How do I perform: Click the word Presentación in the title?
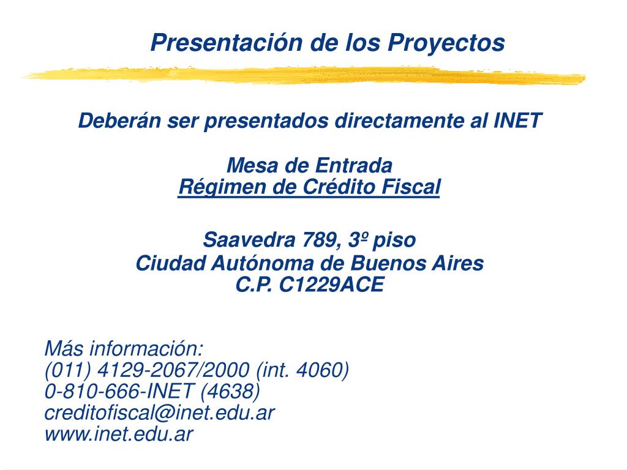pyautogui.click(x=227, y=42)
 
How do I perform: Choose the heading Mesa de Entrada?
pyautogui.click(x=309, y=165)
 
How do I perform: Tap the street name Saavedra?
pyautogui.click(x=249, y=240)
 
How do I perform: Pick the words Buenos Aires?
pyautogui.click(x=417, y=263)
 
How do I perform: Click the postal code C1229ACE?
pyautogui.click(x=331, y=285)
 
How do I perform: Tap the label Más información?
pyautogui.click(x=124, y=348)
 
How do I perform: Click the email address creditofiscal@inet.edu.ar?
pyautogui.click(x=160, y=412)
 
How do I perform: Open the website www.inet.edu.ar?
pyautogui.click(x=119, y=434)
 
